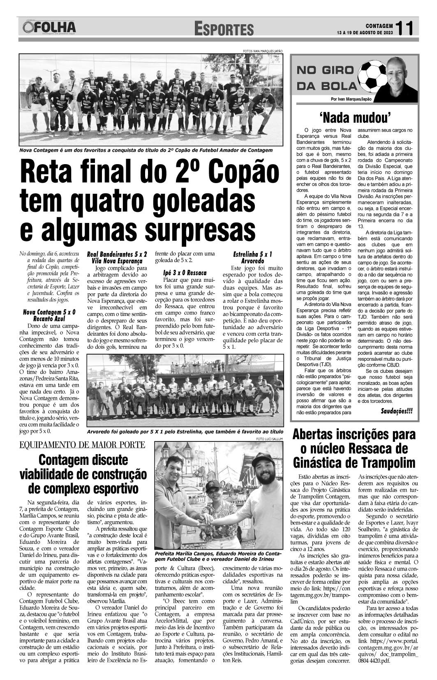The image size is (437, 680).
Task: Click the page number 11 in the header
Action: pyautogui.click(x=406, y=28)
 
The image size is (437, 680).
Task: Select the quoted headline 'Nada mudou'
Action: pyautogui.click(x=355, y=118)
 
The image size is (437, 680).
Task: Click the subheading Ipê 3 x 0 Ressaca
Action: pyautogui.click(x=185, y=273)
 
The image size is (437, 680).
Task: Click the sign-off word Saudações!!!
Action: pyautogui.click(x=397, y=411)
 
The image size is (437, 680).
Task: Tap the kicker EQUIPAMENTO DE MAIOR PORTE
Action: pyautogui.click(x=82, y=445)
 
